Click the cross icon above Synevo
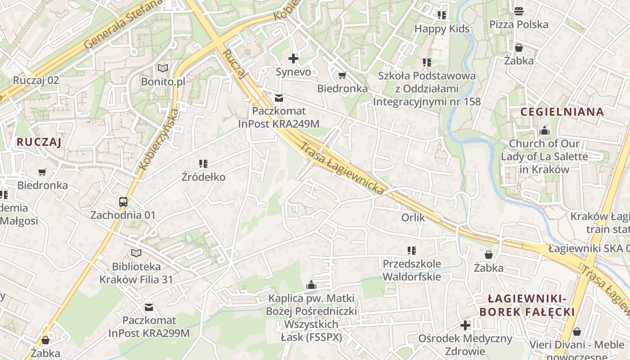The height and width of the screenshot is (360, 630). (293, 58)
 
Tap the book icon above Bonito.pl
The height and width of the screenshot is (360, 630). (162, 68)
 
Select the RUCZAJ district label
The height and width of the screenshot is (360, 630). (39, 142)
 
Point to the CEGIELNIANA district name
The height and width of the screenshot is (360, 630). (562, 112)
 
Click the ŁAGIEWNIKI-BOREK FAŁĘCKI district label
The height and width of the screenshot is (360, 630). (527, 305)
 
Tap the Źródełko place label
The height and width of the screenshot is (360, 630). (203, 177)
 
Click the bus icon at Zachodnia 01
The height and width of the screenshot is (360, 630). (123, 202)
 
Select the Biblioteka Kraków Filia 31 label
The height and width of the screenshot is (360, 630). (136, 273)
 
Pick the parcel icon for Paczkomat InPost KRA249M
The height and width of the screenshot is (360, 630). (279, 98)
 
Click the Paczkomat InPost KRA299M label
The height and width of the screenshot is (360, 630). (149, 327)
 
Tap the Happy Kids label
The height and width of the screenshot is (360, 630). (442, 29)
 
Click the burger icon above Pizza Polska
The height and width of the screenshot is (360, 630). (519, 11)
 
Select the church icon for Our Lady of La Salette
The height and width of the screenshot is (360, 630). (544, 131)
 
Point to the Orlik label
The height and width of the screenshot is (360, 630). (413, 218)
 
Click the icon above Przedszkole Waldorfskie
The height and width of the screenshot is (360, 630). (411, 250)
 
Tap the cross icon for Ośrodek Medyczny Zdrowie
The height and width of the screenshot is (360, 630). (465, 325)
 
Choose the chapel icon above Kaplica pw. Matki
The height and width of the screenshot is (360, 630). (311, 285)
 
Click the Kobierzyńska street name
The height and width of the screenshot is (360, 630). (159, 139)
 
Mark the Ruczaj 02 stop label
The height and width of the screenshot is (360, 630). (36, 80)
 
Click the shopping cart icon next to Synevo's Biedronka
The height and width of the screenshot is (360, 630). (342, 75)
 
